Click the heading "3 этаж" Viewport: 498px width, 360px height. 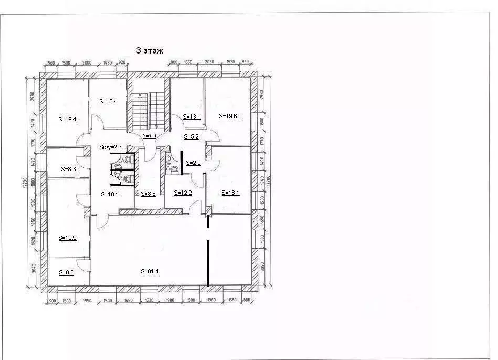(150, 50)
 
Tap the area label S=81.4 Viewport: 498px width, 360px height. (150, 271)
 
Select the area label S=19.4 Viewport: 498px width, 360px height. (67, 119)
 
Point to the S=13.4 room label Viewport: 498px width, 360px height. (108, 101)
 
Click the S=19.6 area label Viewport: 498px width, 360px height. (228, 116)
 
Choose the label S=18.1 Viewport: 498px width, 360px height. (230, 193)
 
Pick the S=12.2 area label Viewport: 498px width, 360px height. (183, 193)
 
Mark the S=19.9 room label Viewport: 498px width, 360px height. (67, 237)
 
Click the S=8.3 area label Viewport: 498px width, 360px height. (68, 169)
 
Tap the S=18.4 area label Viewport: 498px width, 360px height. (110, 194)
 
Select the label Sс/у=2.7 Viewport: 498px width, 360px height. (110, 147)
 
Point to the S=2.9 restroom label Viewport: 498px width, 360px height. (193, 163)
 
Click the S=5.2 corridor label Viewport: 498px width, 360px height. (190, 136)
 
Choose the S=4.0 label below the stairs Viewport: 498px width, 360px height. (150, 136)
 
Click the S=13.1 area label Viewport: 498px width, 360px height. (192, 116)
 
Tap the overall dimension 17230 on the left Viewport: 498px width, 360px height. (25, 182)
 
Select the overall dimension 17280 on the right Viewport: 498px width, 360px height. (271, 181)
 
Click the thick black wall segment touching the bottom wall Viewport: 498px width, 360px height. (208, 262)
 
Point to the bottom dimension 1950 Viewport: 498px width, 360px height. (88, 300)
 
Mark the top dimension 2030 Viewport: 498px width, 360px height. (209, 62)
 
